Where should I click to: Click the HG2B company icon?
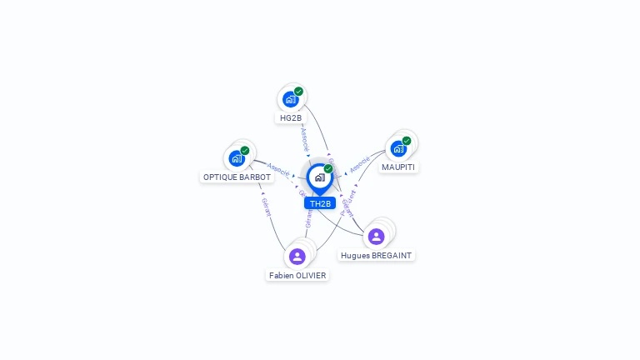(x=290, y=99)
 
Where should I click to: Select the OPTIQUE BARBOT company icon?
(x=237, y=157)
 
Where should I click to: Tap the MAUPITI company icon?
(x=398, y=148)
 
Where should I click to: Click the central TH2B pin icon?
(x=319, y=177)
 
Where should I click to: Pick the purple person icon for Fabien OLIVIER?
(x=297, y=256)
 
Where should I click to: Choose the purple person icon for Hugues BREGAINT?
(x=376, y=237)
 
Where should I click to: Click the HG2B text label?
(x=291, y=118)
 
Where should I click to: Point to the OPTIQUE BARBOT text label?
(x=237, y=177)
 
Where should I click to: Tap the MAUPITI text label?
(x=398, y=167)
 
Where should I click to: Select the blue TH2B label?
(x=320, y=203)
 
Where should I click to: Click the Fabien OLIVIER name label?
(x=297, y=275)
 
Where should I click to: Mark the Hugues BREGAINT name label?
(x=376, y=256)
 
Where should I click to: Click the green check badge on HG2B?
(x=298, y=92)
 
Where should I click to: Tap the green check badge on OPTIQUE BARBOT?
(x=245, y=151)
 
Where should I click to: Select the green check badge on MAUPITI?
(x=407, y=141)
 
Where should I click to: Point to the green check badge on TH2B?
(x=328, y=168)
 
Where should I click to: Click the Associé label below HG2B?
(x=305, y=137)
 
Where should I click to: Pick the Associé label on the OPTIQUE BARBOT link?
(x=278, y=170)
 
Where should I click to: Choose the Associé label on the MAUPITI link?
(x=360, y=164)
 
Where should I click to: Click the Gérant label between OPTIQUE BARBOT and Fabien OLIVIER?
(x=266, y=206)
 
